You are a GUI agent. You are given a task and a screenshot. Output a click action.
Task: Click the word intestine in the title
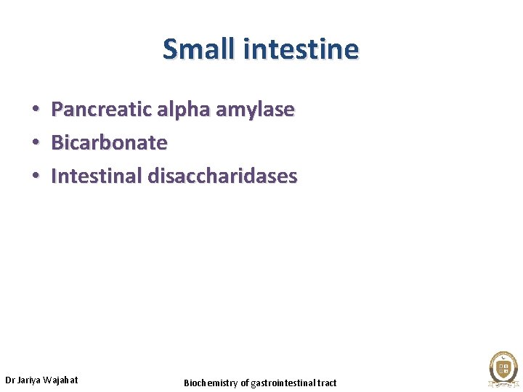click(301, 49)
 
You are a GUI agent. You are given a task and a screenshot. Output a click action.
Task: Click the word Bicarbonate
click(109, 143)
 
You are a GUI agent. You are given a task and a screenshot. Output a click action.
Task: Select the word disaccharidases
click(222, 176)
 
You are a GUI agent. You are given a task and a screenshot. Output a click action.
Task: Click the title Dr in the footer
click(10, 380)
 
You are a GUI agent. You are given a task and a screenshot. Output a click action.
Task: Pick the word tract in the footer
click(326, 383)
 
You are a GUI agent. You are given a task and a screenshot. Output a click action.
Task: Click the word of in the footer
click(245, 383)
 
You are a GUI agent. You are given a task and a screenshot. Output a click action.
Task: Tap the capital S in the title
click(170, 49)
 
